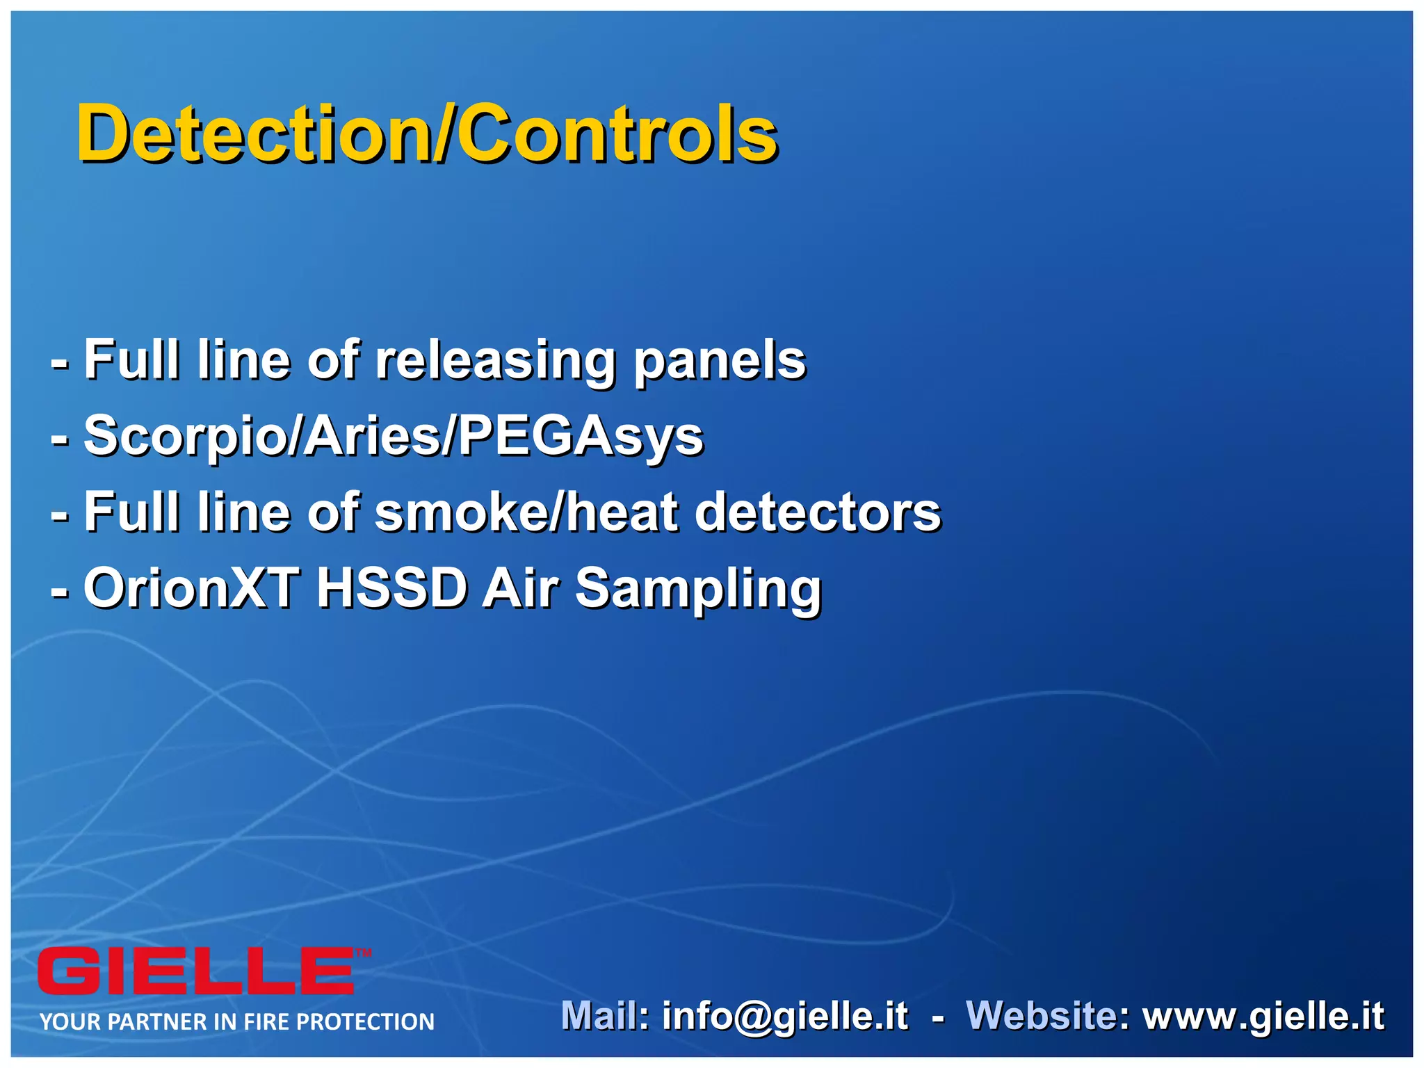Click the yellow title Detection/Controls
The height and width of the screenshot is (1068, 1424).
426,133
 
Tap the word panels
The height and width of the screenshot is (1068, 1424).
720,361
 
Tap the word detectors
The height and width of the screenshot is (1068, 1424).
818,512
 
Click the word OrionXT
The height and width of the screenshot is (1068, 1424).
192,588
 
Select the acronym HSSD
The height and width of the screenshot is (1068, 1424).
391,588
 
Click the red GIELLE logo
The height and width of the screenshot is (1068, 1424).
196,971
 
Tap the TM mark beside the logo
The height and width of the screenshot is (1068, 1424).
364,953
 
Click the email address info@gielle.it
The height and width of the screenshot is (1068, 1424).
785,1017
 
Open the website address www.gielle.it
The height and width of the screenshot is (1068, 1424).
1263,1017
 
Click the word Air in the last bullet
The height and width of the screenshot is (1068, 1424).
520,588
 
